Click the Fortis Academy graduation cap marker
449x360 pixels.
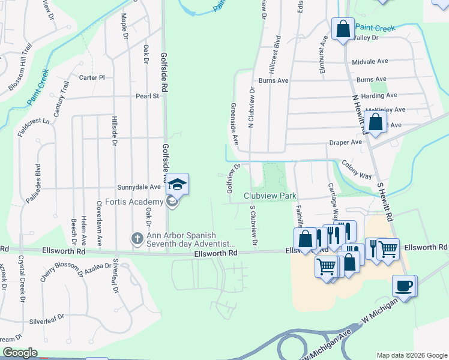point(178,184)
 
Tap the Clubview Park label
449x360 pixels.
point(270,196)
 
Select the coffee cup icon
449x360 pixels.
point(404,286)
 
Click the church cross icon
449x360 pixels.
point(137,239)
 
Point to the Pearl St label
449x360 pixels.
point(146,95)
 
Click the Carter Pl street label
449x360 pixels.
point(92,77)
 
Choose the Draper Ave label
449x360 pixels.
point(345,142)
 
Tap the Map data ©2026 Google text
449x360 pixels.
point(411,355)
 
